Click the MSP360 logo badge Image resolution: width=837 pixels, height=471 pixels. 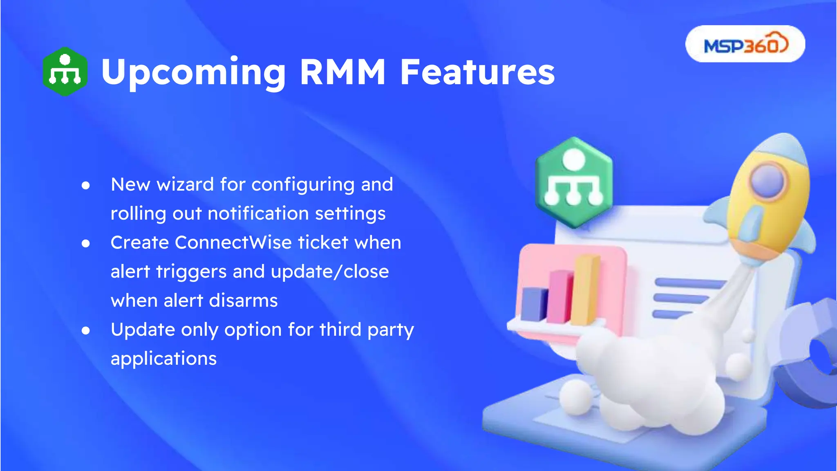coord(745,44)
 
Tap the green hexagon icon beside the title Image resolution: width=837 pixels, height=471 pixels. coord(65,72)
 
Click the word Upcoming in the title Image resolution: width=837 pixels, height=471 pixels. coord(193,72)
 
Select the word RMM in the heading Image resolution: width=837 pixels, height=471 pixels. coord(342,72)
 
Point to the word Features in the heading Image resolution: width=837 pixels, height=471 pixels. coord(477,72)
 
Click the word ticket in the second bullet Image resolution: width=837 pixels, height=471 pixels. coord(323,242)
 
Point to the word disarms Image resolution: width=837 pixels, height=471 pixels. coord(243,301)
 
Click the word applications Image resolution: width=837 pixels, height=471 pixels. coord(163,359)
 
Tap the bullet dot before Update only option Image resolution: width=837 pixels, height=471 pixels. coord(86,330)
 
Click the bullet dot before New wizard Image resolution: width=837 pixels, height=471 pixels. coord(86,186)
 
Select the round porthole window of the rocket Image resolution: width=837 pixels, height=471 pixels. coord(768,180)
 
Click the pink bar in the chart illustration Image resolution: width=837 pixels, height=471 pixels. coord(559,296)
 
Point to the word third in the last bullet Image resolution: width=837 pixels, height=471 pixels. coord(340,330)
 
